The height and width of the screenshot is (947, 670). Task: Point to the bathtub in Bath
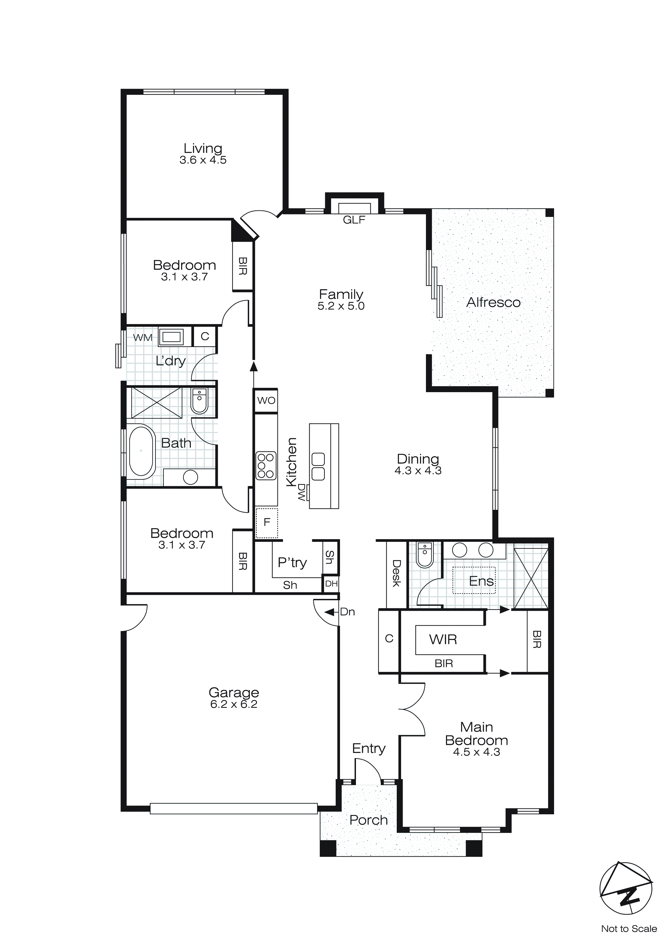click(141, 451)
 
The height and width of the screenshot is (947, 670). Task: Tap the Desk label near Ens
click(396, 573)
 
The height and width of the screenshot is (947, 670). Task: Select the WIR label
click(443, 639)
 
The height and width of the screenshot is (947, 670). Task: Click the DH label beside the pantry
click(331, 583)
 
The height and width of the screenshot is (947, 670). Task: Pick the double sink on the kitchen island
click(318, 466)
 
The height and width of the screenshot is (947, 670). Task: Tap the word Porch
click(368, 820)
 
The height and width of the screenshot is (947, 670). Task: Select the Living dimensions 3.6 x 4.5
click(203, 160)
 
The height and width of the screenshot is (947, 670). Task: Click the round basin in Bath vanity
click(190, 477)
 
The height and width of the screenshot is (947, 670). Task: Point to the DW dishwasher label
click(302, 492)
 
